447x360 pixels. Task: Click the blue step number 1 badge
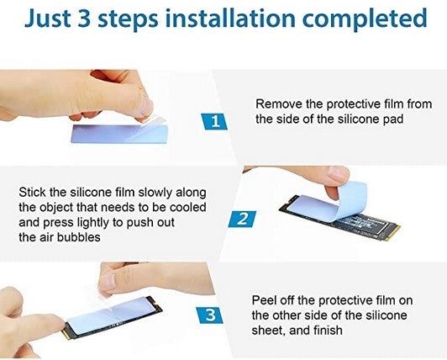pyautogui.click(x=214, y=121)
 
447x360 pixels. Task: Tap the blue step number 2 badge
pyautogui.click(x=242, y=219)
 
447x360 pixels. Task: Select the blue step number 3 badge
pyautogui.click(x=210, y=315)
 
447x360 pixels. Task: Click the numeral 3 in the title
pyautogui.click(x=85, y=19)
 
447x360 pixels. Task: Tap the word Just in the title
pyautogui.click(x=47, y=19)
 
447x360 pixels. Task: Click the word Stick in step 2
pyautogui.click(x=32, y=192)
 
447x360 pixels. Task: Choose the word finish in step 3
pyautogui.click(x=328, y=331)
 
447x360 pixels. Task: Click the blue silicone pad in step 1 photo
pyautogui.click(x=119, y=134)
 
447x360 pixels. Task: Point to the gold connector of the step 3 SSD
pyautogui.click(x=66, y=333)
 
